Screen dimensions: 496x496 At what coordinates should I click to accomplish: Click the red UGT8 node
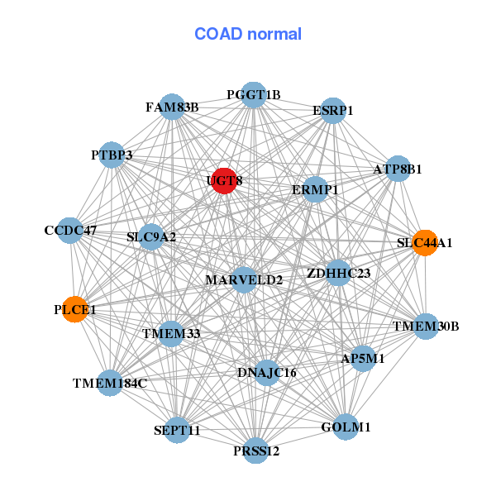pos(224,180)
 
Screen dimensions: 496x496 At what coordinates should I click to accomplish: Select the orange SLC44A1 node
pos(424,243)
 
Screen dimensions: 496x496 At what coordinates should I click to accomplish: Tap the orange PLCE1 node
pos(75,310)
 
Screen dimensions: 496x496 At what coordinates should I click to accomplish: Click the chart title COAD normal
pos(248,34)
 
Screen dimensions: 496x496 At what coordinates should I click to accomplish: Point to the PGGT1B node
pos(254,95)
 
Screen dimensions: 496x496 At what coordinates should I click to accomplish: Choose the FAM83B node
pos(172,107)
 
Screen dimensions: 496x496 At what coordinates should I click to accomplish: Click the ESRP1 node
pos(332,111)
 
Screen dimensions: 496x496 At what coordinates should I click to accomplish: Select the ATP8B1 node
pos(398,169)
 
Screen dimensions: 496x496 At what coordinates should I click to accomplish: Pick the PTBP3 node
pos(112,155)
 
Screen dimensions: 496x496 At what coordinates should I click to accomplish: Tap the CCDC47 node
pos(70,231)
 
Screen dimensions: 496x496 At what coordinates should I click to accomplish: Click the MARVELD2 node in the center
pos(244,280)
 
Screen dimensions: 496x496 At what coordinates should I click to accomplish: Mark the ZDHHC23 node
pos(338,273)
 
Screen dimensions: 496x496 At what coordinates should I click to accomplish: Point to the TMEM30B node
pos(426,327)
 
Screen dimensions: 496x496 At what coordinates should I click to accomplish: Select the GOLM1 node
pos(346,427)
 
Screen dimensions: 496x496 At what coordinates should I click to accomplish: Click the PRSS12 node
pos(256,451)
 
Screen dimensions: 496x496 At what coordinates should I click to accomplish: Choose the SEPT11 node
pos(177,430)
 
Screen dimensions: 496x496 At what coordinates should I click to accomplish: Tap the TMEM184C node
pos(110,383)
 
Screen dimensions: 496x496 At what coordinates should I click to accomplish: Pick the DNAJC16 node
pos(266,373)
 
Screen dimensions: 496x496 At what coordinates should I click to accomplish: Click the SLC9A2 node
pos(151,237)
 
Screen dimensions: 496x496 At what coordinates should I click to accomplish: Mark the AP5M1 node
pos(363,359)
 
